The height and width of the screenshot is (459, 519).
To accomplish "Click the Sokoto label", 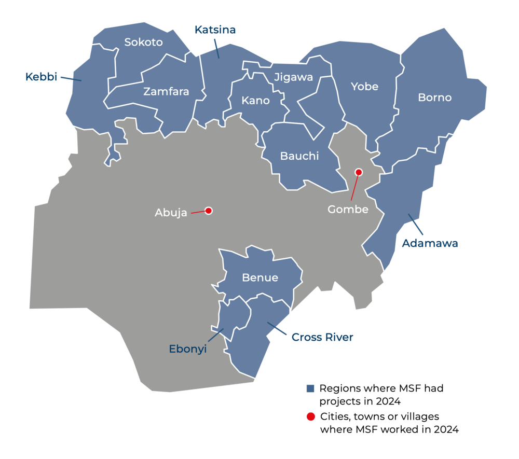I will click(x=144, y=42).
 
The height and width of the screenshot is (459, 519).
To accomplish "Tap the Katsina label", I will click(x=215, y=30).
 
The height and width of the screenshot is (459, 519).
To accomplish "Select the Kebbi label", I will click(x=41, y=77).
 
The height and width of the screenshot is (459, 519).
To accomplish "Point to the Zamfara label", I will click(x=166, y=92).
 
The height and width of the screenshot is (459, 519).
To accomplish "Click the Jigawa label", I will click(x=294, y=77).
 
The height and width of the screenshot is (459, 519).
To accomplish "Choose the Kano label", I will click(x=256, y=100).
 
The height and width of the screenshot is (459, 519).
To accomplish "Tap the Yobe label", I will click(x=364, y=87).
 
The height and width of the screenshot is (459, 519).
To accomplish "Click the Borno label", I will click(x=434, y=98).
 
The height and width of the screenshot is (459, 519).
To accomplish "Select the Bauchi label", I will click(x=299, y=156).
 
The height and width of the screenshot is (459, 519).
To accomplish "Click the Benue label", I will click(x=260, y=277).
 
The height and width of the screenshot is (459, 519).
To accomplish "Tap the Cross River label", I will click(x=322, y=337).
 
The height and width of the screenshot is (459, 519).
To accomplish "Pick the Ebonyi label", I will click(x=188, y=349).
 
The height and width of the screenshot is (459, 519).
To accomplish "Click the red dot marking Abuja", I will click(x=209, y=211).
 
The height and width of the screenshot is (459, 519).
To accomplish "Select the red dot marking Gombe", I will click(x=358, y=172).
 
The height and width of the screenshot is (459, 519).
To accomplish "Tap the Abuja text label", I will click(x=171, y=213).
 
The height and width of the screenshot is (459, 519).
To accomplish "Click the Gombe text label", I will click(x=348, y=210).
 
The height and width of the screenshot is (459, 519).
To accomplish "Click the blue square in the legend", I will click(x=311, y=388).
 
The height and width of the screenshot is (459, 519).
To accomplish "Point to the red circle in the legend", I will click(x=311, y=416).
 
